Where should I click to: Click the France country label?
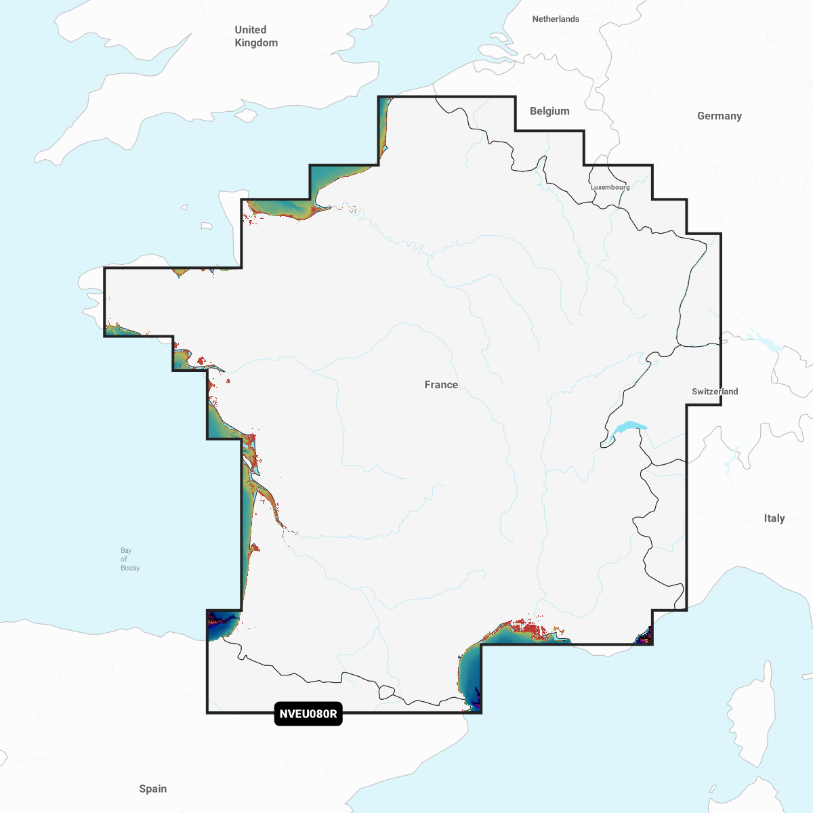[x=441, y=385]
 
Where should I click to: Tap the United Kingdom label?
[x=255, y=36]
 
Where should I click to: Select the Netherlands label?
[x=556, y=19]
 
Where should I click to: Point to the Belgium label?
[x=549, y=111]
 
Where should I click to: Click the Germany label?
[x=719, y=116]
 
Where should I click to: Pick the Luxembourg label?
[x=610, y=187]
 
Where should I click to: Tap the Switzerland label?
[x=715, y=392]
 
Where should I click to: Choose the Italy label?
[x=774, y=518]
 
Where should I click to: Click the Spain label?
[x=152, y=789]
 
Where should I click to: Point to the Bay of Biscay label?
[x=128, y=560]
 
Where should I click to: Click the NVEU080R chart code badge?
[x=308, y=714]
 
